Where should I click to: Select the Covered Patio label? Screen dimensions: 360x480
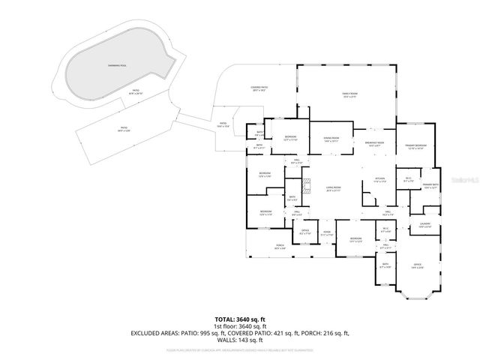(260, 88)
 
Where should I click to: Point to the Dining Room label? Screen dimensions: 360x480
(332, 139)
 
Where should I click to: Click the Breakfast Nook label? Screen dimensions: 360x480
(374, 144)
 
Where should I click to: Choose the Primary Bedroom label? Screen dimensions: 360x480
(415, 146)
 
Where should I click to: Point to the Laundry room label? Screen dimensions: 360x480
(424, 224)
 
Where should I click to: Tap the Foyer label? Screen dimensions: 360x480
(327, 234)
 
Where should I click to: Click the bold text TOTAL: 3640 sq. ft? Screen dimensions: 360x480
(239, 319)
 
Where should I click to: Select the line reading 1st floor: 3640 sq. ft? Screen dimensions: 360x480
(239, 325)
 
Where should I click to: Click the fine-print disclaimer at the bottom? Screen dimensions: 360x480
(239, 349)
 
